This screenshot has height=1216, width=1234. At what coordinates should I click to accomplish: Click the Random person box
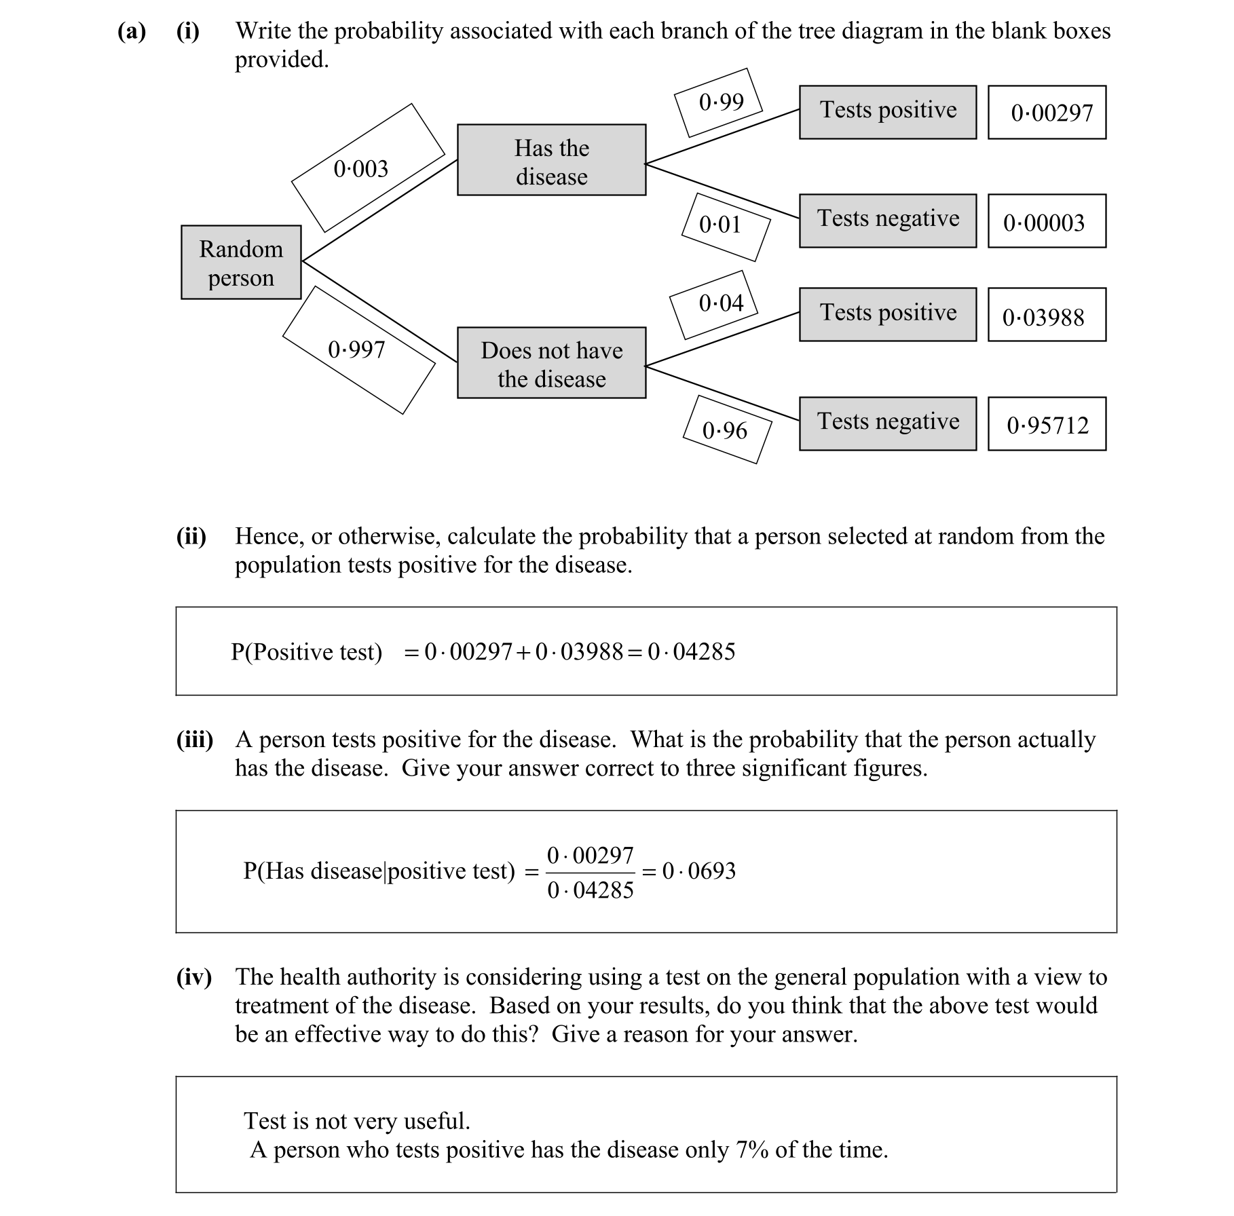tap(241, 263)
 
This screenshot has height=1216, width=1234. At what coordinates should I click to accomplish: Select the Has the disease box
tap(551, 160)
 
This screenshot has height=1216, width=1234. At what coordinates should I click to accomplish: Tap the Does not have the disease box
tap(551, 363)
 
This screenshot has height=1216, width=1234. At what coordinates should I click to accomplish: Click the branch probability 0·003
tap(361, 168)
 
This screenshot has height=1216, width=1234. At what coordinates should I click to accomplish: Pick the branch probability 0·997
tap(357, 349)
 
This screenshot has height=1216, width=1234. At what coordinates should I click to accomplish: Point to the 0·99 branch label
tap(721, 102)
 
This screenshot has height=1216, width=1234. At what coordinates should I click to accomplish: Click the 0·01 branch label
tap(720, 225)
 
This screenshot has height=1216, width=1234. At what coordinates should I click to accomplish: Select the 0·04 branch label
tap(721, 303)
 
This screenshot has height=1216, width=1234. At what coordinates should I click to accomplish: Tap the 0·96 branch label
tap(724, 430)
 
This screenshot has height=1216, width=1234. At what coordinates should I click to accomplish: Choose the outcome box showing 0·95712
tap(1047, 425)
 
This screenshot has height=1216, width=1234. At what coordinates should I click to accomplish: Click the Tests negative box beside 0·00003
tap(888, 221)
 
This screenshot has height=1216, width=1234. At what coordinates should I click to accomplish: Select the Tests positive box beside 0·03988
tap(888, 314)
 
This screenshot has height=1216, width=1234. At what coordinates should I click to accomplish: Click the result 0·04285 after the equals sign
tap(691, 651)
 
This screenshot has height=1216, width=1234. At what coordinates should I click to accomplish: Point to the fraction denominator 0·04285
tap(590, 890)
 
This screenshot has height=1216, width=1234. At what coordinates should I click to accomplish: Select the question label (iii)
tap(195, 739)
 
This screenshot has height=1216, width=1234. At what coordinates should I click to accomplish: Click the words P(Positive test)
tap(306, 651)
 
